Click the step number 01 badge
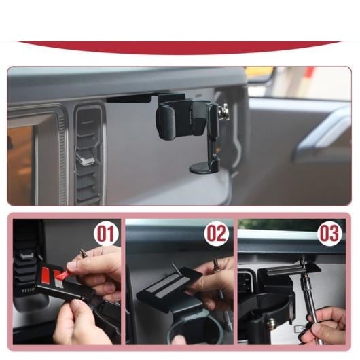(x=106, y=234)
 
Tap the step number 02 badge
(x=217, y=234)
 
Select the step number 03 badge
(x=329, y=234)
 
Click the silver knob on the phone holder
(x=224, y=110)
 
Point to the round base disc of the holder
(x=200, y=168)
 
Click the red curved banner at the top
(x=179, y=48)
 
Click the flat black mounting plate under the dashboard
(x=129, y=99)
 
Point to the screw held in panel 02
(x=216, y=265)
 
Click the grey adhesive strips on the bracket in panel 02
(x=168, y=283)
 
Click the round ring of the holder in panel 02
(x=194, y=328)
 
